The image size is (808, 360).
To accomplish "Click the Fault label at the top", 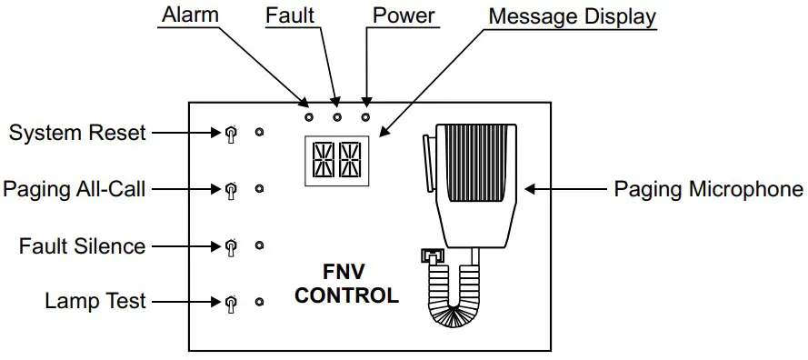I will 290,15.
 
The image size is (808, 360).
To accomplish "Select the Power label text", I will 404,15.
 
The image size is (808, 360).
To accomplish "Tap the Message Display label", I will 572,16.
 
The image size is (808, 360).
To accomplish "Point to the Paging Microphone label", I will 708,189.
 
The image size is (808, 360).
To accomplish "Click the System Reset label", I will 77,133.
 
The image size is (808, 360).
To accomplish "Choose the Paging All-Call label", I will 74,189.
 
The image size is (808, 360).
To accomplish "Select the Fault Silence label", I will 83,245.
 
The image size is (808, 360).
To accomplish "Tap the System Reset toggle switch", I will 230,135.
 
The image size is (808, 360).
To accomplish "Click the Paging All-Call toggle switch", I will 230,190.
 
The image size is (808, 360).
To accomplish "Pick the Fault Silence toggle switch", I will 230,246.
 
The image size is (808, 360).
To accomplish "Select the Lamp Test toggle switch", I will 230,303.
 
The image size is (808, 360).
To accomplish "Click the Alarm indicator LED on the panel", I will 309,117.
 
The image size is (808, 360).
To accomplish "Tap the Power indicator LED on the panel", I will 366,117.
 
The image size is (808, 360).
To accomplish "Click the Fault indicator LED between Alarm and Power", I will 337,117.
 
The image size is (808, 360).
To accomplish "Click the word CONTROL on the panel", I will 346,295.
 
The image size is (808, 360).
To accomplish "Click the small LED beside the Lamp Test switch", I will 259,302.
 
